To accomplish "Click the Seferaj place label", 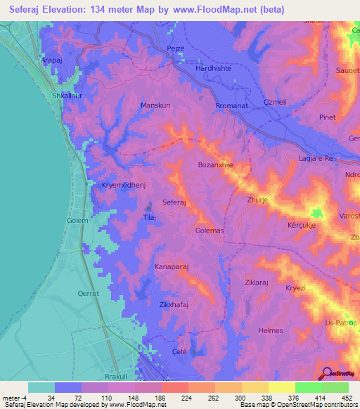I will pyautogui.click(x=174, y=202).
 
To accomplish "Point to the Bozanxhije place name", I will pyautogui.click(x=215, y=165).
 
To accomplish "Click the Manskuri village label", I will pyautogui.click(x=156, y=105).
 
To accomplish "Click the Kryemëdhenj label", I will pyautogui.click(x=113, y=186).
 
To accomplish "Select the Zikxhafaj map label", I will pyautogui.click(x=174, y=304).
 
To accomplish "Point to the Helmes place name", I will pyautogui.click(x=271, y=330).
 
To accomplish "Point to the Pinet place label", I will pyautogui.click(x=328, y=117).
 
